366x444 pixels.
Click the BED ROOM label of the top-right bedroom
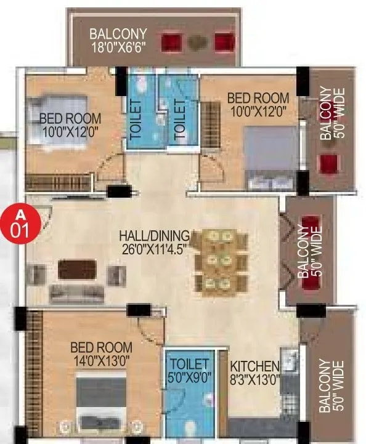click(x=258, y=98)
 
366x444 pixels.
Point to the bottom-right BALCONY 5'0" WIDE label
click(x=329, y=386)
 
